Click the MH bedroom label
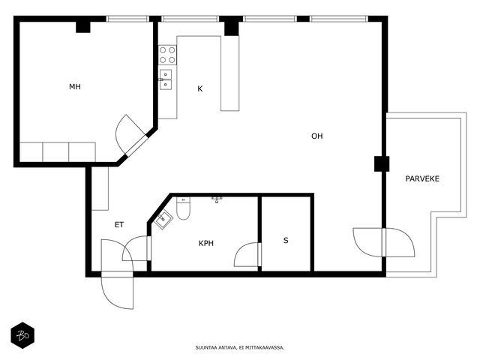75,87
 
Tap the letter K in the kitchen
200,88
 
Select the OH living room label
316,136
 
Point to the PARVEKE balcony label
422,178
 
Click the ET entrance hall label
119,225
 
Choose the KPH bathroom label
206,243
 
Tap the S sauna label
286,241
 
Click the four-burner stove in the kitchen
167,55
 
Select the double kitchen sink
165,79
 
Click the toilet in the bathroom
183,208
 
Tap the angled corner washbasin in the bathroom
163,218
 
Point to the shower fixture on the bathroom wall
217,200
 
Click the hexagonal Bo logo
22,335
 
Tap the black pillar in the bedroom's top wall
83,27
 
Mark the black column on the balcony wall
382,163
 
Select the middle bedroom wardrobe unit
55,152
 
